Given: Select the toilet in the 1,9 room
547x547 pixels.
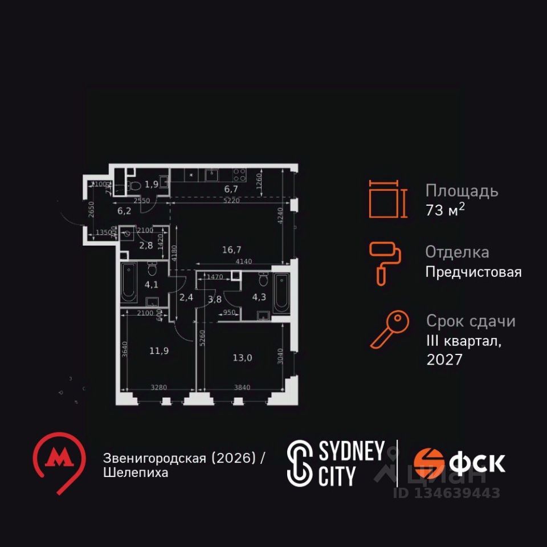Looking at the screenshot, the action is [134, 185].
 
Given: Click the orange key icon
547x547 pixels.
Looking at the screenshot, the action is [389, 329].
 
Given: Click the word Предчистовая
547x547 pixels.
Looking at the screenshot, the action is [473, 272].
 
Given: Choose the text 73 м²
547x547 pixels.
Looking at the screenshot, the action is [445, 210].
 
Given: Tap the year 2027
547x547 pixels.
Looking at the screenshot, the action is [445, 360].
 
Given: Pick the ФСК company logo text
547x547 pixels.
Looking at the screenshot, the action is [476, 463].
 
